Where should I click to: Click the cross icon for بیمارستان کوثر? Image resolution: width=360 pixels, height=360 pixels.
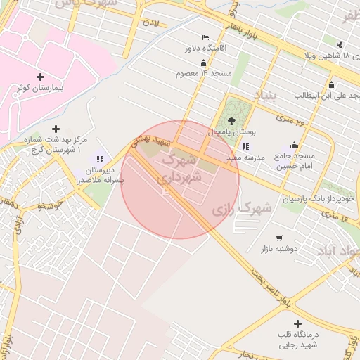point(39,77)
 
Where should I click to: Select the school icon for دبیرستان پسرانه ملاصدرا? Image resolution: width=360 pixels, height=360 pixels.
point(100,159)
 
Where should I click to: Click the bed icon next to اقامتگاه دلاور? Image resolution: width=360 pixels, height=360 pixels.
point(205,37)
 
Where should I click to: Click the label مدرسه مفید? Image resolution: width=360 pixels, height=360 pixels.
point(245,158)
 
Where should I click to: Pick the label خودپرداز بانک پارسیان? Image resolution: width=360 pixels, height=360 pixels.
point(316,199)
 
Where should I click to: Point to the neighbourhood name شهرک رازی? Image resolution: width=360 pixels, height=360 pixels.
point(241,209)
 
